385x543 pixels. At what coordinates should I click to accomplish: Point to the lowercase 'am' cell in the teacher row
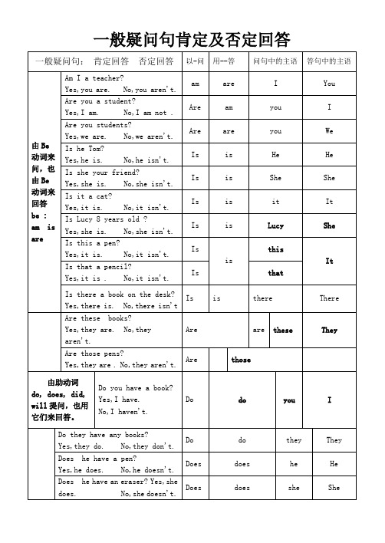point(195,84)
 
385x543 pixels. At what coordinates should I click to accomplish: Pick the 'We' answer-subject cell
point(329,131)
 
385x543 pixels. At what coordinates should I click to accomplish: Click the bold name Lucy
point(275,226)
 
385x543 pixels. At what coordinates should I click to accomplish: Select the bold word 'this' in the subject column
point(275,250)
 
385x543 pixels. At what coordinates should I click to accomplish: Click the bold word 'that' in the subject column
point(275,273)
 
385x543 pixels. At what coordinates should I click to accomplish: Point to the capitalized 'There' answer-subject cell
point(329,298)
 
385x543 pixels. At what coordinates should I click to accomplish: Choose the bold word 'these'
point(283,331)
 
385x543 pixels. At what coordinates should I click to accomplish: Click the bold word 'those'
point(242,359)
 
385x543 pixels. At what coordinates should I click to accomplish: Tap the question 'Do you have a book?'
point(136,389)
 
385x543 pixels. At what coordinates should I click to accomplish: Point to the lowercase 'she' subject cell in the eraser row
point(294,487)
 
